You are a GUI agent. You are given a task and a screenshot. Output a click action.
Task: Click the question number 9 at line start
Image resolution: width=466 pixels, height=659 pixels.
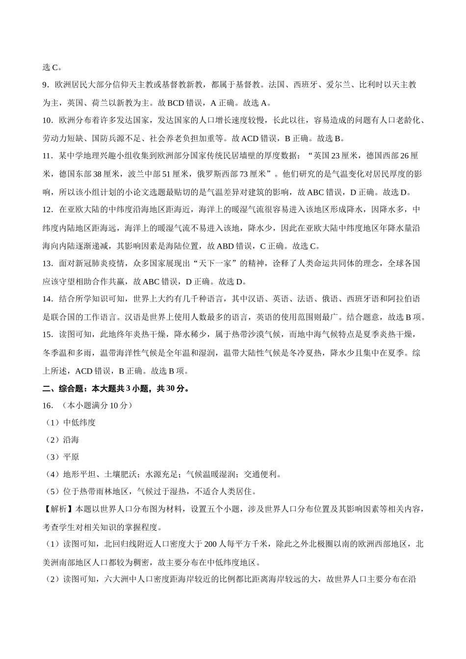pyautogui.click(x=45, y=85)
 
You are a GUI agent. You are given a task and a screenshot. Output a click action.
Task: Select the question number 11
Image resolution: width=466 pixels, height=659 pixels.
pyautogui.click(x=47, y=156)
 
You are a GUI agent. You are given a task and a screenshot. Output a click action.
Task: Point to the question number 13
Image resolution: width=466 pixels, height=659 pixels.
pyautogui.click(x=47, y=263)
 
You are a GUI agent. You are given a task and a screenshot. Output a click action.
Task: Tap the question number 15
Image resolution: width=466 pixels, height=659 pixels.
pyautogui.click(x=47, y=335)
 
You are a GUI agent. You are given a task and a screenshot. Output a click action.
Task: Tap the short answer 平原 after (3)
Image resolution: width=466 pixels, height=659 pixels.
pyautogui.click(x=71, y=457)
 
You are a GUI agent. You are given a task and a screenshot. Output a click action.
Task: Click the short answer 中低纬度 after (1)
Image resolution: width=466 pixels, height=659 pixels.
pyautogui.click(x=79, y=422)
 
